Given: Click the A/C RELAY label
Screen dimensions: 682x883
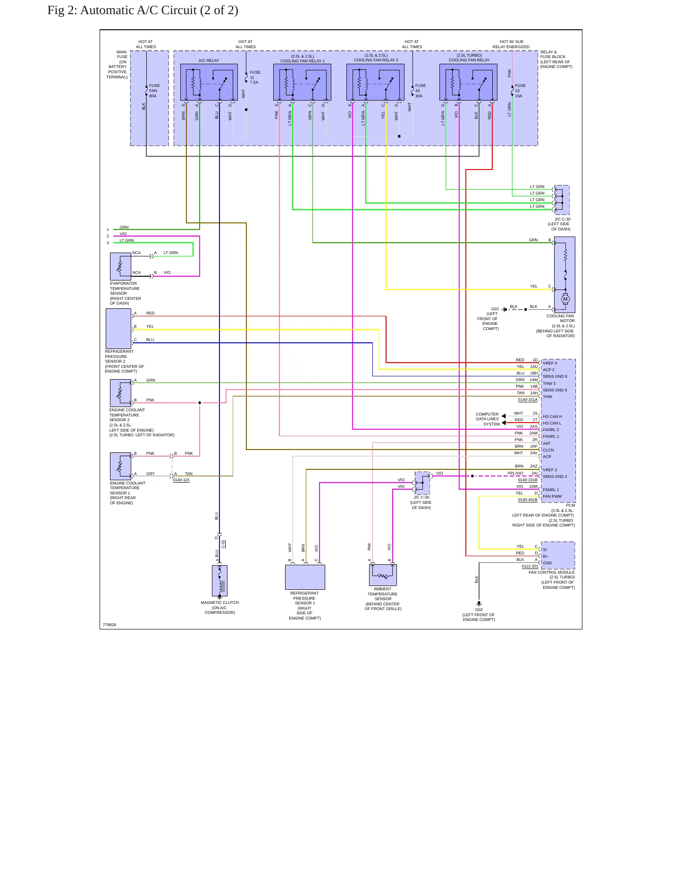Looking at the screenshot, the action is (x=209, y=60).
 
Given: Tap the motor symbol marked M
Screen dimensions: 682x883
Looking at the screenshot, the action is (x=565, y=299).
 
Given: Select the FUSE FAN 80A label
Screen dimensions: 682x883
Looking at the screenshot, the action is (x=154, y=91).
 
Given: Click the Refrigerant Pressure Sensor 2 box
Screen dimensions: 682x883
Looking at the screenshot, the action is (x=118, y=329).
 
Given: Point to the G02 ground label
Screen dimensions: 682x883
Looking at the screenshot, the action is (x=479, y=610).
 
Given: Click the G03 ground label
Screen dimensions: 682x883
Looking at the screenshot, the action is (x=495, y=309).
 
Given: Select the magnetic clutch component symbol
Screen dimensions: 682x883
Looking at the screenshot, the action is (x=220, y=581).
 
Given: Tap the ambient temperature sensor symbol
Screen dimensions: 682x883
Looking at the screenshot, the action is (x=383, y=575).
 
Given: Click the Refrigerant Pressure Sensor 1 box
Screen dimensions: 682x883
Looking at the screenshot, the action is (x=305, y=577).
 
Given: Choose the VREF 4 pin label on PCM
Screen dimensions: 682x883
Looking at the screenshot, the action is (x=550, y=363).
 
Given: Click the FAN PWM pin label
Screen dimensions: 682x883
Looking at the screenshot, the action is (x=552, y=496).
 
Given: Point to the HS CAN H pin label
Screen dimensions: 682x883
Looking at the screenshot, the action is (x=552, y=416).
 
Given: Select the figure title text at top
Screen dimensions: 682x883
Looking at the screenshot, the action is (x=143, y=10).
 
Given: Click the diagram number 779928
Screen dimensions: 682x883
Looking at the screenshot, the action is (x=109, y=625).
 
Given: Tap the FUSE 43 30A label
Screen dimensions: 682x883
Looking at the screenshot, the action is (x=420, y=91).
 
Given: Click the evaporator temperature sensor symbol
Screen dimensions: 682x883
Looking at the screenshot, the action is (x=121, y=266).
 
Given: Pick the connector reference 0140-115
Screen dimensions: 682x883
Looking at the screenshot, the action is (x=181, y=480).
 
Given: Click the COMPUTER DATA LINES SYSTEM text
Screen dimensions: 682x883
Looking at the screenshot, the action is (x=488, y=419).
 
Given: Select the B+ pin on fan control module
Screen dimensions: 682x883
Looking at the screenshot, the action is (x=546, y=556).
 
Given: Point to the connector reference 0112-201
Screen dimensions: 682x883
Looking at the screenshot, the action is (x=530, y=566).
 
